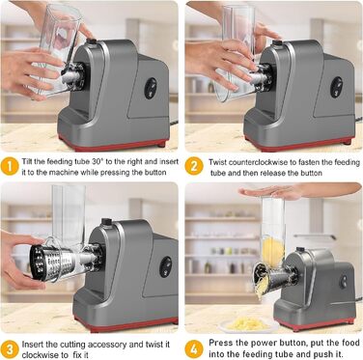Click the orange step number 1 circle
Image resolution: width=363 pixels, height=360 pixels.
[10, 166]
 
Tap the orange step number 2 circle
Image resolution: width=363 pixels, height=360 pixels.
[194, 166]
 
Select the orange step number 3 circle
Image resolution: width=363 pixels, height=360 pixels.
[10, 349]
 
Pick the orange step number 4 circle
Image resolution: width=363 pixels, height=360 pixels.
[194, 349]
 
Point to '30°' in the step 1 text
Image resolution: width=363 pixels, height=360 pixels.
[97, 161]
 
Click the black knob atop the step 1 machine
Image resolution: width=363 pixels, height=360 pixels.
[92, 42]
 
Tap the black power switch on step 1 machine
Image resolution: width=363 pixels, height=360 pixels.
[151, 88]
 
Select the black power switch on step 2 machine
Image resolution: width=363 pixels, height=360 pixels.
[336, 87]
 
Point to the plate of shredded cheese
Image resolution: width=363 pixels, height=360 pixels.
[248, 324]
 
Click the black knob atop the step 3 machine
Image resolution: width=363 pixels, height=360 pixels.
[106, 221]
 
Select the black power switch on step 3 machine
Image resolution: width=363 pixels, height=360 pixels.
[166, 266]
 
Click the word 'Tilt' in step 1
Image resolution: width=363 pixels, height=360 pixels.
[27, 161]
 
